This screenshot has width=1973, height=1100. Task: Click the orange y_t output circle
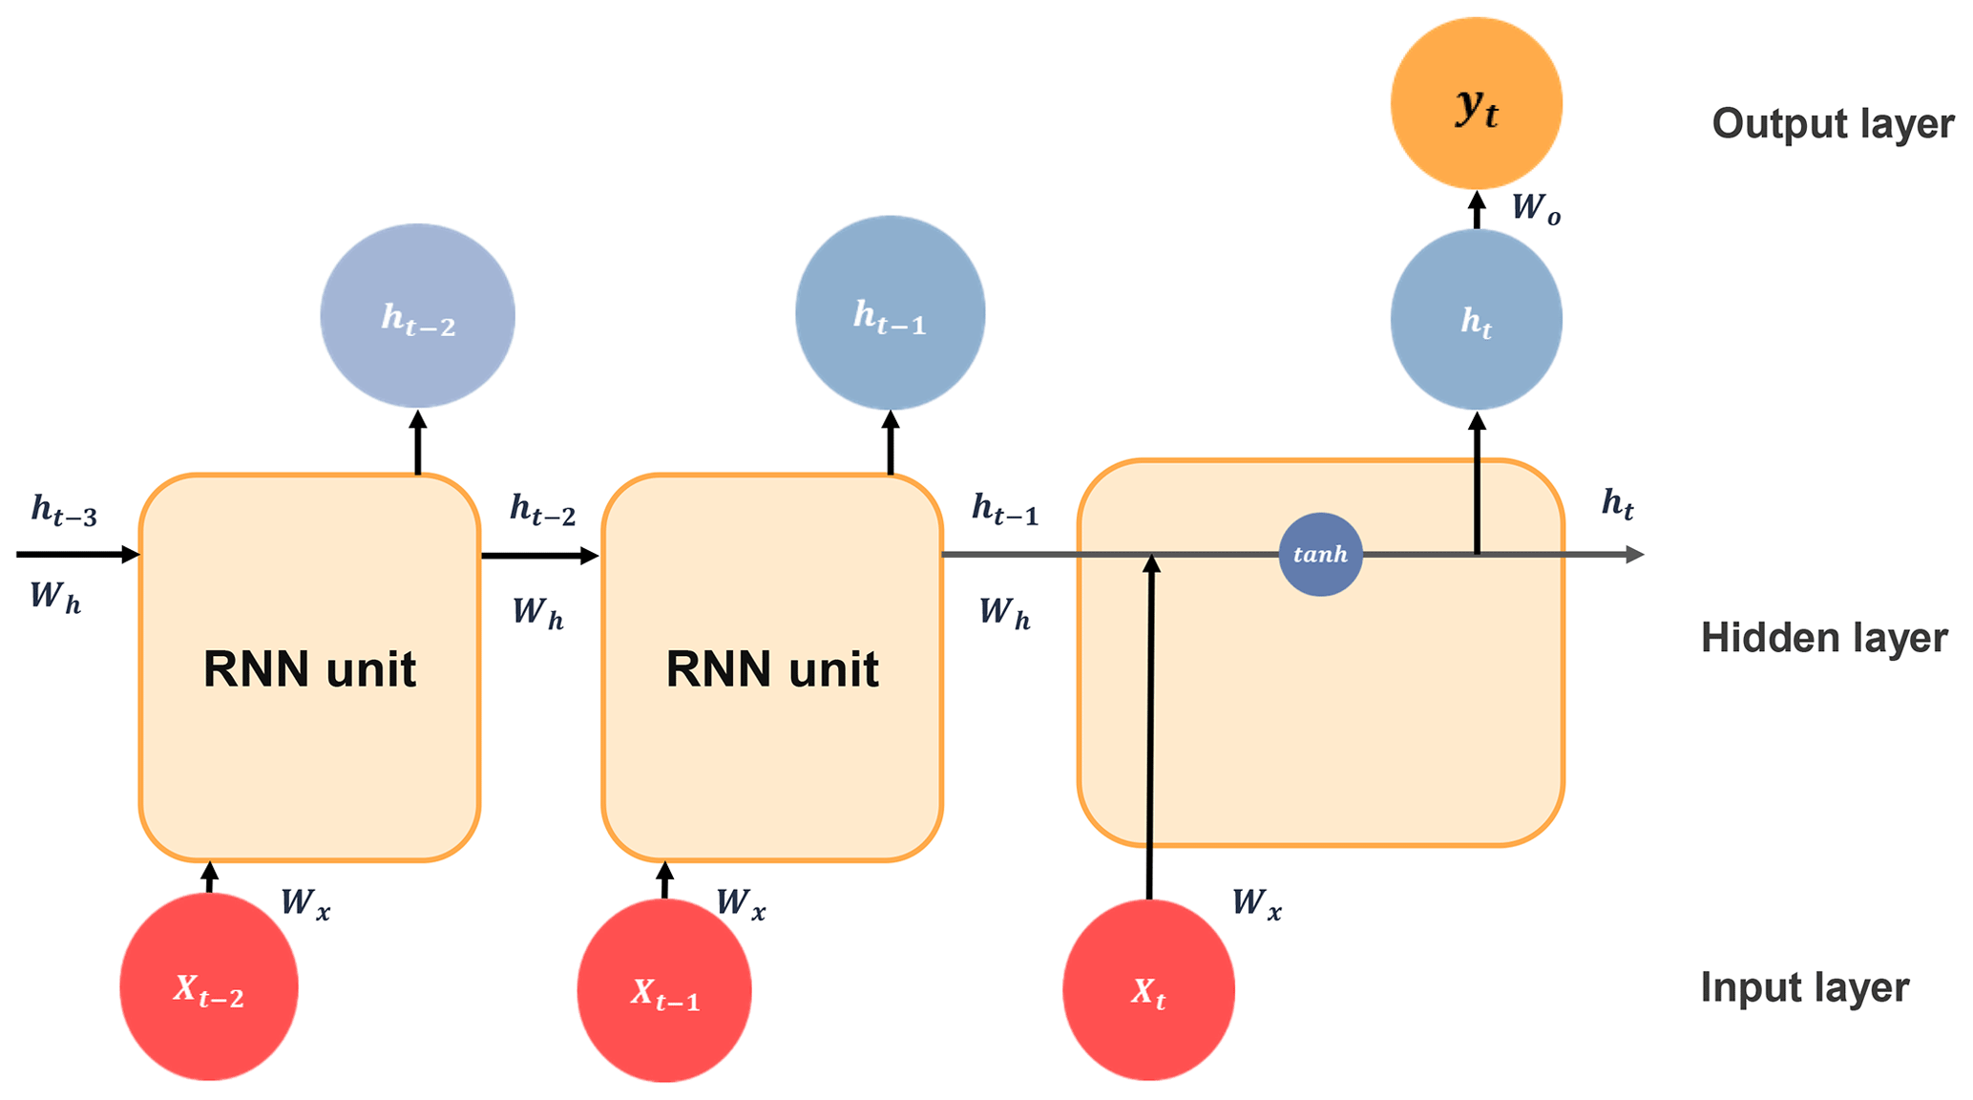[x=1476, y=103]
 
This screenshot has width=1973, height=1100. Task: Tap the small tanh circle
[x=1320, y=554]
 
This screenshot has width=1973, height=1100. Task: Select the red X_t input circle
[x=1148, y=990]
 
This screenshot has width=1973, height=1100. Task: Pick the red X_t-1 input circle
[x=664, y=991]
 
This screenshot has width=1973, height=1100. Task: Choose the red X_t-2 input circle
[x=209, y=986]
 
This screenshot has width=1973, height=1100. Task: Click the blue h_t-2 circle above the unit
[x=417, y=315]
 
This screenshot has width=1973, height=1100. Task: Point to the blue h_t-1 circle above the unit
[x=890, y=313]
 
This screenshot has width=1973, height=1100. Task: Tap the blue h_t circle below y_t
[x=1476, y=319]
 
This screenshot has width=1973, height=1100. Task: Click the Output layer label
[x=1832, y=124]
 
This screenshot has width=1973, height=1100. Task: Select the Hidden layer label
[x=1823, y=638]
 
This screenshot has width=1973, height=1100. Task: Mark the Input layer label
[x=1804, y=987]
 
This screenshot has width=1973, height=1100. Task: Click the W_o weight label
[x=1536, y=208]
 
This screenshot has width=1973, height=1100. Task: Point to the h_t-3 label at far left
[x=64, y=510]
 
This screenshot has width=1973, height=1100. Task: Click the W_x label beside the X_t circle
[x=1256, y=903]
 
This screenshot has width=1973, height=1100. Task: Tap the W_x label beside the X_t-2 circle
[x=305, y=903]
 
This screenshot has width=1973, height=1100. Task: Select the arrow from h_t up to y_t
[x=1477, y=210]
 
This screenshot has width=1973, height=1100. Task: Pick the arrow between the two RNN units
[x=540, y=555]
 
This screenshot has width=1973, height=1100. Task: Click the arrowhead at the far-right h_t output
[x=1634, y=554]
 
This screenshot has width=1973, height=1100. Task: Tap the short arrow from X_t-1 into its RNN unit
[x=665, y=879]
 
